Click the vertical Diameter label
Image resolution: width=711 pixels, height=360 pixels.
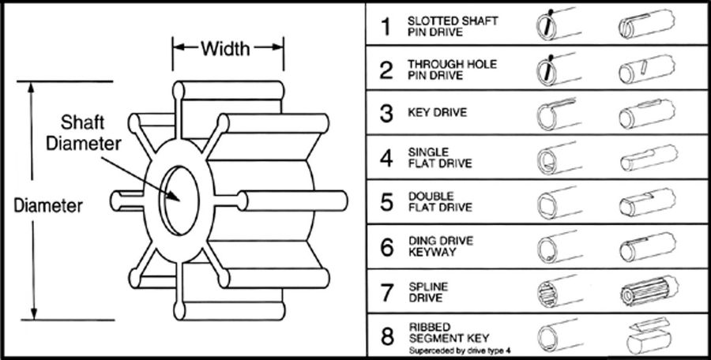(49, 206)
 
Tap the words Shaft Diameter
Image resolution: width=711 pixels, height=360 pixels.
(94, 135)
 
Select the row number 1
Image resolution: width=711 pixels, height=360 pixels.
(386, 27)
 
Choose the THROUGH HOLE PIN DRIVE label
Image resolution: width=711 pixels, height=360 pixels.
(453, 69)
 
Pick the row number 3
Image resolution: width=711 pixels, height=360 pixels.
(386, 113)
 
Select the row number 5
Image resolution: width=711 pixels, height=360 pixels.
(386, 202)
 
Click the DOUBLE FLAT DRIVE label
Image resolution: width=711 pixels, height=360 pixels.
(442, 202)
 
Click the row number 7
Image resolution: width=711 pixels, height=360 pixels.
(386, 291)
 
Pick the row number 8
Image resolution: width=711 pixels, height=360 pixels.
(386, 337)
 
